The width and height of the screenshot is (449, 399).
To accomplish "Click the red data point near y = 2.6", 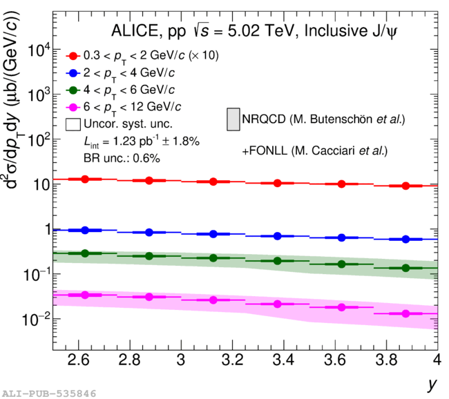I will [x=85, y=179].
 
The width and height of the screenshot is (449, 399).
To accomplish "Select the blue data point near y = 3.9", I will [x=405, y=239].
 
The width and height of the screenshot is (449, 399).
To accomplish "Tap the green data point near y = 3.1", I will [x=213, y=257].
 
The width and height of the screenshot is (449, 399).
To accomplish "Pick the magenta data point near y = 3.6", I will [x=341, y=306].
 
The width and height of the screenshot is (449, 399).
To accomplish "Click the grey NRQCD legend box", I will [x=233, y=119].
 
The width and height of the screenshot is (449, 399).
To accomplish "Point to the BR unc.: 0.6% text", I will [x=121, y=158].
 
